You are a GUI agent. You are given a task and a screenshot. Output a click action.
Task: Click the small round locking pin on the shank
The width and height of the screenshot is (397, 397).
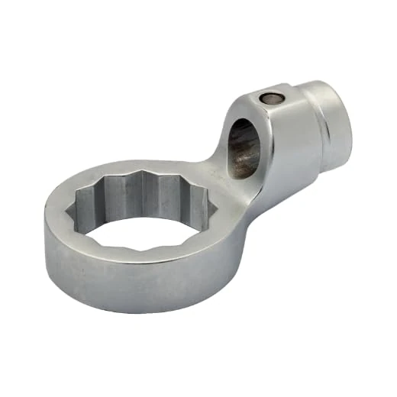269,97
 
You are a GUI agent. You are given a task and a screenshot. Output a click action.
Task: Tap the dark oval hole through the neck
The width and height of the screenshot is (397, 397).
244,144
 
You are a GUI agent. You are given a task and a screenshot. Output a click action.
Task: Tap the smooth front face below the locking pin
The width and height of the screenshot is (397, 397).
282,145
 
